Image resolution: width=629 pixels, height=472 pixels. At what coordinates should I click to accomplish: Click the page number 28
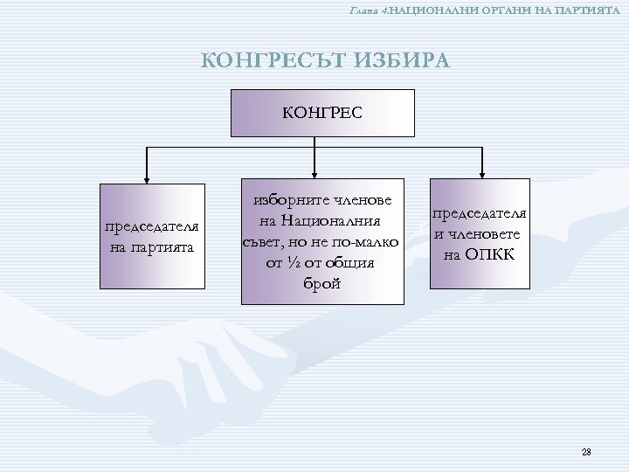coord(586,452)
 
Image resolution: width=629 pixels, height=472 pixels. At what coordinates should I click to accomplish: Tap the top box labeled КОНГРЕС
coord(321,112)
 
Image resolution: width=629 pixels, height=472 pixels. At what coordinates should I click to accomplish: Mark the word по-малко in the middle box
coord(367,240)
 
